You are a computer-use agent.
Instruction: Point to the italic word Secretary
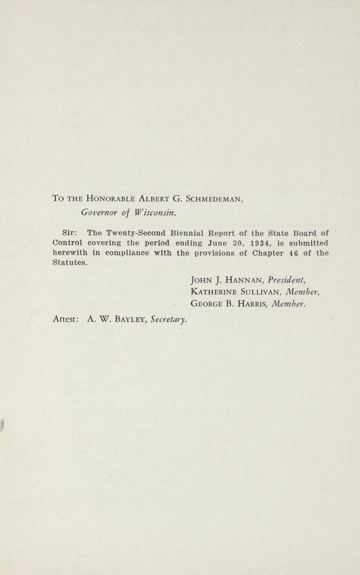(x=168, y=320)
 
